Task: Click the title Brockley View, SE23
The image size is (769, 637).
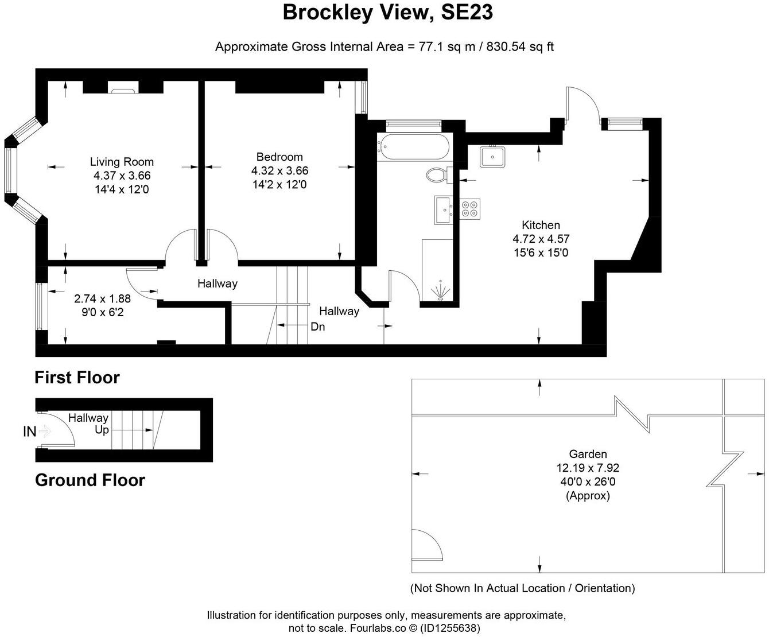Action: (x=387, y=12)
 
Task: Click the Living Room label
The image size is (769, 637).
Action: (x=122, y=162)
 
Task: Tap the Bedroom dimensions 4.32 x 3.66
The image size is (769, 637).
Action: (x=279, y=171)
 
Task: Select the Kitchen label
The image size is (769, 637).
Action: (x=541, y=225)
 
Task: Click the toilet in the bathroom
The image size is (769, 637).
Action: (x=437, y=174)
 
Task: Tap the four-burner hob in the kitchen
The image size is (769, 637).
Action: (x=471, y=208)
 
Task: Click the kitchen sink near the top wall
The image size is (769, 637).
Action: (x=492, y=156)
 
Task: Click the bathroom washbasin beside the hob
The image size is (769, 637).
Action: (x=444, y=209)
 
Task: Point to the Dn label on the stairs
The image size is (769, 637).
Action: (x=317, y=327)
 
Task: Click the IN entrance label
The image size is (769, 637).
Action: (x=29, y=432)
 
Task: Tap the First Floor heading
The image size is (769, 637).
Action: (x=77, y=378)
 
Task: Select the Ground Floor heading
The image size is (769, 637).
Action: (x=90, y=480)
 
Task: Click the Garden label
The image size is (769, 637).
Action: (x=588, y=454)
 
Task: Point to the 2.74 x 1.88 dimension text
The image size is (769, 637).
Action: (x=102, y=298)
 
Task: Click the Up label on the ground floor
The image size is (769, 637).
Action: (x=102, y=430)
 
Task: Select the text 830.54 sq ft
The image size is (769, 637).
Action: (x=520, y=47)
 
